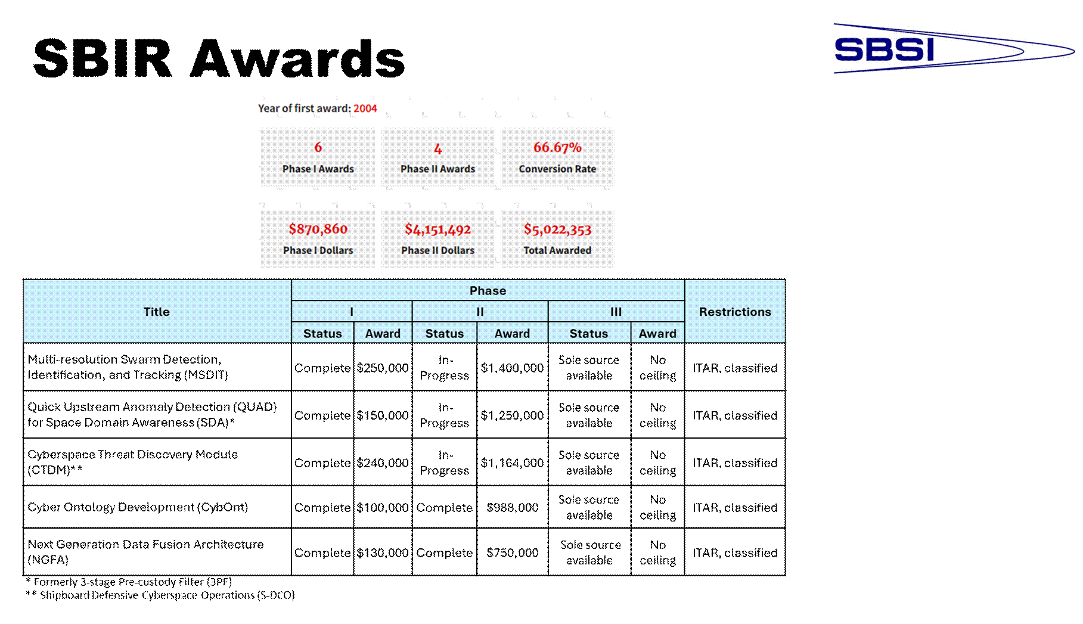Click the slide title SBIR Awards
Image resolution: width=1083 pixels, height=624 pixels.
tap(219, 58)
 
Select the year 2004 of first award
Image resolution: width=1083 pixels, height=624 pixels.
tap(365, 108)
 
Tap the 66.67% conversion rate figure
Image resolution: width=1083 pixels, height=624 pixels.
tap(557, 147)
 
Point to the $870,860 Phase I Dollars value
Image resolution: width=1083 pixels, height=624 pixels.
tap(318, 229)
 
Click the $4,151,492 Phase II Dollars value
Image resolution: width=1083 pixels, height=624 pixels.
tap(437, 229)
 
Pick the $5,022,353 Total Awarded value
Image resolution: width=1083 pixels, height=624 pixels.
tap(557, 229)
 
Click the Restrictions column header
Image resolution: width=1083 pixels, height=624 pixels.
tap(735, 312)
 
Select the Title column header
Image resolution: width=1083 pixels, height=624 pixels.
tap(157, 312)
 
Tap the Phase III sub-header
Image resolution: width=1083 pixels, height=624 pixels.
tap(616, 312)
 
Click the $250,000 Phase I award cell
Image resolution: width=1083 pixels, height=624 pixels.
tap(383, 368)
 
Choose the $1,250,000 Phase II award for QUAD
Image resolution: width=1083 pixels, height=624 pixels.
tap(513, 415)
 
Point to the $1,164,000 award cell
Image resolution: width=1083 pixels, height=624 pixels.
tap(513, 463)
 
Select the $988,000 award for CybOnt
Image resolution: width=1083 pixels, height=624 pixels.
tap(513, 507)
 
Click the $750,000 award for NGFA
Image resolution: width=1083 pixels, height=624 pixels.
tap(513, 552)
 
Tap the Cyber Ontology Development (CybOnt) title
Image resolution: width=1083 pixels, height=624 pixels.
tap(138, 507)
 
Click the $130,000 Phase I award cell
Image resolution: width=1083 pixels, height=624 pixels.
tap(383, 553)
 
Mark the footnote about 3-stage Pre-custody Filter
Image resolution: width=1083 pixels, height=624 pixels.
tap(129, 582)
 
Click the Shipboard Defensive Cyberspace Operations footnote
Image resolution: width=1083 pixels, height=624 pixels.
tap(160, 595)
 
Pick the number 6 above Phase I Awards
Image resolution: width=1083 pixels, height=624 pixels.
tap(318, 147)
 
